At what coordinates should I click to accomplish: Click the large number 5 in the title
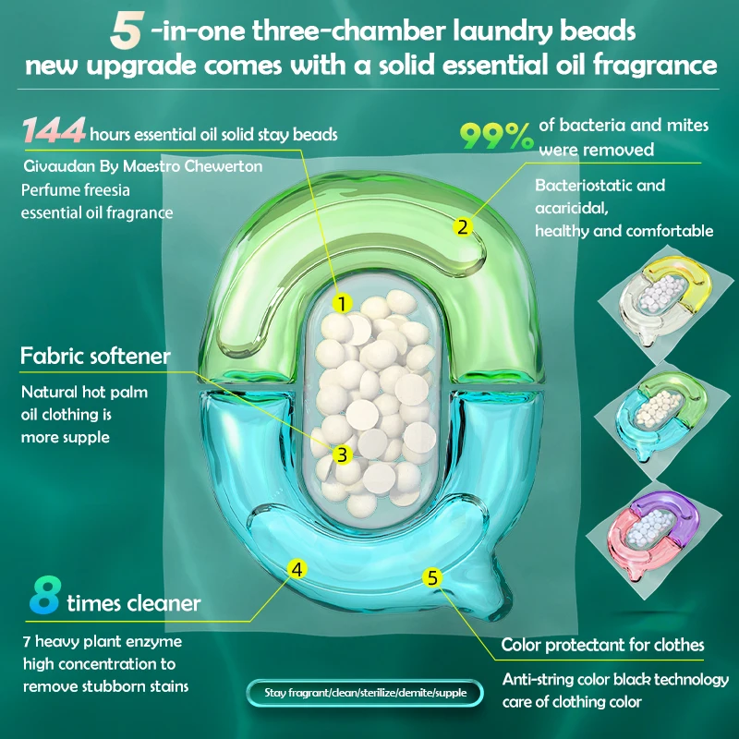[x=126, y=30]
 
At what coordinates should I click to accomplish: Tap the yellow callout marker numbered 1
[x=341, y=303]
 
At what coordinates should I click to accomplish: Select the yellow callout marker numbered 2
[x=464, y=224]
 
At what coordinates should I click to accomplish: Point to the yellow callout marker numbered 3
[x=341, y=454]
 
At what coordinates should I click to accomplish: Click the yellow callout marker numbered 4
[x=297, y=569]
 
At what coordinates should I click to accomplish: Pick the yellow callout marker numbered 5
[x=431, y=577]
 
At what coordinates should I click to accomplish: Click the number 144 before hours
[x=54, y=132]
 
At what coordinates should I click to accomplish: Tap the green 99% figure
[x=498, y=137]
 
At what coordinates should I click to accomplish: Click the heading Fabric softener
[x=95, y=355]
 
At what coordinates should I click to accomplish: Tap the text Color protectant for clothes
[x=602, y=645]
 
